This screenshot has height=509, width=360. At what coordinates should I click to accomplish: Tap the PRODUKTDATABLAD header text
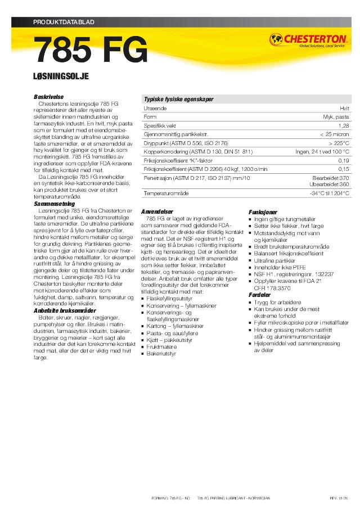[63, 22]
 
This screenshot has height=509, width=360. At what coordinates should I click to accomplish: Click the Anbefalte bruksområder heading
[65, 310]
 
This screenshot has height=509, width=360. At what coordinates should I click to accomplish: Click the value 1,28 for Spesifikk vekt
[344, 126]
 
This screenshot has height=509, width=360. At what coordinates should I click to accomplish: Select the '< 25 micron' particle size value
[334, 135]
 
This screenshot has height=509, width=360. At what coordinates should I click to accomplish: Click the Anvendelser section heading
[157, 211]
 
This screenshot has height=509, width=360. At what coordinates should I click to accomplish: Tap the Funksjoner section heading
[263, 211]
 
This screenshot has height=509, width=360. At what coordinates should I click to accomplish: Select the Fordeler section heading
[259, 295]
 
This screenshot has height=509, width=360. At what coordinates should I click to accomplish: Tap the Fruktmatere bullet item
[161, 348]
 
